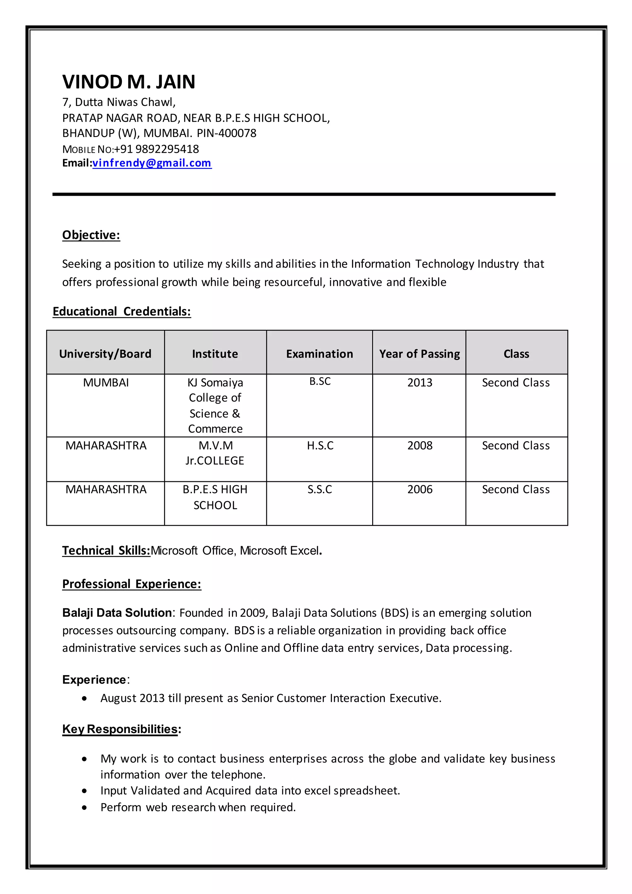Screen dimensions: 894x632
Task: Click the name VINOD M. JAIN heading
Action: pyautogui.click(x=128, y=82)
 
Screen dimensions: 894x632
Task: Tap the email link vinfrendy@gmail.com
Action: pyautogui.click(x=152, y=163)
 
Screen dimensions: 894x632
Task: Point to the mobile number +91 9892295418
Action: pyautogui.click(x=156, y=149)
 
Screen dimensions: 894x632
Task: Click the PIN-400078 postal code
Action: pyautogui.click(x=227, y=133)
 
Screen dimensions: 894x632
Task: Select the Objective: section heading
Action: pyautogui.click(x=91, y=235)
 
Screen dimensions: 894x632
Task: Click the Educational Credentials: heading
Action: pyautogui.click(x=122, y=311)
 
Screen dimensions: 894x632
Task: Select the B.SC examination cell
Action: pyautogui.click(x=320, y=381)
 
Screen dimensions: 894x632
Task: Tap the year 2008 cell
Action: pyautogui.click(x=419, y=445)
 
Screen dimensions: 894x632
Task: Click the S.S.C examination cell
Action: pyautogui.click(x=320, y=489)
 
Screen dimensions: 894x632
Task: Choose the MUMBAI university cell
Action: pyautogui.click(x=106, y=382)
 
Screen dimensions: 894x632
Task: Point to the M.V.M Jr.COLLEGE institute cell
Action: pyautogui.click(x=215, y=453)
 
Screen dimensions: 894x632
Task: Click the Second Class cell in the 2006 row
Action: pyautogui.click(x=516, y=489)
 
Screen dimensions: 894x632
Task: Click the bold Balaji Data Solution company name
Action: pyautogui.click(x=117, y=612)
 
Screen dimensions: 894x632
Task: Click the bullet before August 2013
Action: pyautogui.click(x=85, y=699)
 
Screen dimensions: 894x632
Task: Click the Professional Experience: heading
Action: pyautogui.click(x=131, y=584)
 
